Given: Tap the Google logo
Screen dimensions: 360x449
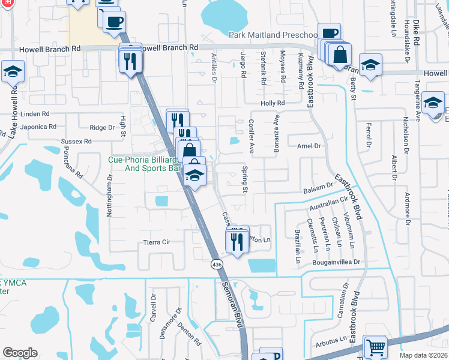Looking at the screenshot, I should click(20, 353).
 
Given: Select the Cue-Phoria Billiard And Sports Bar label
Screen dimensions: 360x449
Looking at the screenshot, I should click(144, 164).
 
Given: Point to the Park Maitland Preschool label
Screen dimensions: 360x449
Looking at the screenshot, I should click(273, 35).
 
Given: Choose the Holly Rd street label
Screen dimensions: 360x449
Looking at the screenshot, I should click(273, 103).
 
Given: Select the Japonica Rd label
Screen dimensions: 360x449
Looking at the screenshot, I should click(38, 127).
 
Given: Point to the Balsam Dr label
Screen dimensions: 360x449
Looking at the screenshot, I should click(318, 189).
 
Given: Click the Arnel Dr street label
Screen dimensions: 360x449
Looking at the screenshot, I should click(309, 146).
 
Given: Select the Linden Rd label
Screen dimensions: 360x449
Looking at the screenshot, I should click(34, 113).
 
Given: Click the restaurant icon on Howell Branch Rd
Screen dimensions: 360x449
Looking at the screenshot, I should click(131, 60).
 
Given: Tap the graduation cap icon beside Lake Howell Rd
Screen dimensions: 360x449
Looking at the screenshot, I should click(12, 73).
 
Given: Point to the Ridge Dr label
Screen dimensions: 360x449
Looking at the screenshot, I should click(101, 128).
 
